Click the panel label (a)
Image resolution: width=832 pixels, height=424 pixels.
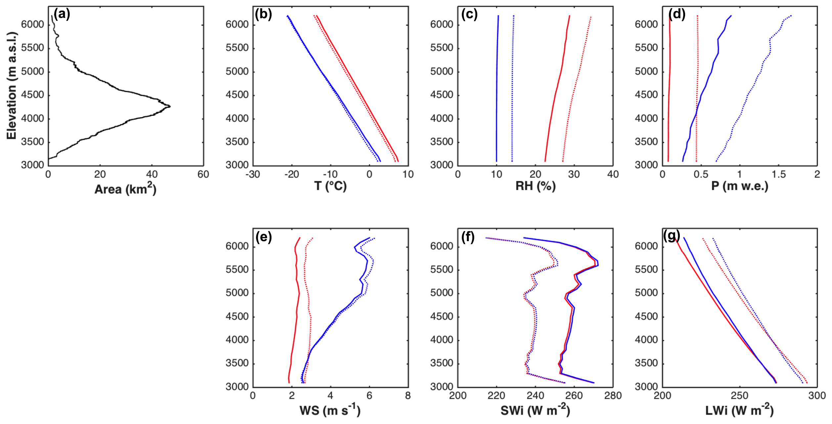coord(62,15)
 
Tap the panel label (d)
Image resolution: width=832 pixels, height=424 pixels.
coord(677,15)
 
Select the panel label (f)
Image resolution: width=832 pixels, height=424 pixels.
coord(468,237)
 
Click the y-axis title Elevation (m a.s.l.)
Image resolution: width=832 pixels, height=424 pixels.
coord(12,85)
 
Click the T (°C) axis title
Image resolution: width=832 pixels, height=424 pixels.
coord(330,186)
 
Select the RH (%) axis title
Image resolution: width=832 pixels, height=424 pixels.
coord(535,186)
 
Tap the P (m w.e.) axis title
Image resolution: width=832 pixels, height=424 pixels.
coord(740,186)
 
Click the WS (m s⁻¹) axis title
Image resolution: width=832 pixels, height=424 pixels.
coord(330,410)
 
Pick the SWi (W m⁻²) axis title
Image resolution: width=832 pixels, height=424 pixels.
coord(535,410)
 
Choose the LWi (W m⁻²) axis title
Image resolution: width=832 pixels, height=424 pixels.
coord(740,410)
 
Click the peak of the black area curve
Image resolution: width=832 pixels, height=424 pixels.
coord(170,106)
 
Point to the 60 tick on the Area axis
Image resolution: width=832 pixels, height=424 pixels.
coord(203,175)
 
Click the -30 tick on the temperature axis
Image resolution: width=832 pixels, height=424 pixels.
coord(253,175)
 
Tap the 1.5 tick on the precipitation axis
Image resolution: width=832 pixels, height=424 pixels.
coord(778,175)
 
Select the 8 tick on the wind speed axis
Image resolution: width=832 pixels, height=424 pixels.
coord(408,396)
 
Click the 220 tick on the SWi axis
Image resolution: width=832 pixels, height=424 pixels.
coord(496,396)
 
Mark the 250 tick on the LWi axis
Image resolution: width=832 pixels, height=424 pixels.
coord(739,396)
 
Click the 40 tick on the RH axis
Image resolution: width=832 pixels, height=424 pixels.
coord(613,175)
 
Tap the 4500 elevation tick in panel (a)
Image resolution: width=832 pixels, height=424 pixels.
coord(32,95)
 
